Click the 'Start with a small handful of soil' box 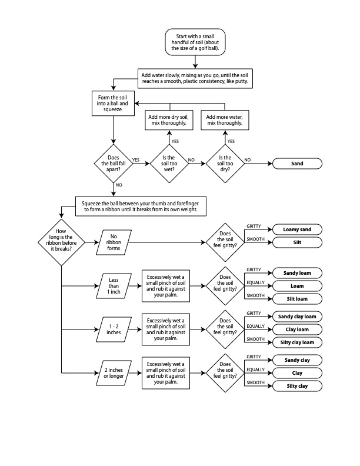tap(194, 42)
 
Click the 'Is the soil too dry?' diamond tap(225, 162)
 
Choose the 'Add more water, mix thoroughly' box tap(225, 121)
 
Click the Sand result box tap(297, 164)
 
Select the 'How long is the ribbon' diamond tap(61, 241)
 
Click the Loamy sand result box tap(297, 229)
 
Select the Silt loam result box tap(297, 299)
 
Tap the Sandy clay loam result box tap(297, 317)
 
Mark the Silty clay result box tap(297, 386)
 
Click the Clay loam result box tap(297, 329)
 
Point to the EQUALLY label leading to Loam tap(255, 283)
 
